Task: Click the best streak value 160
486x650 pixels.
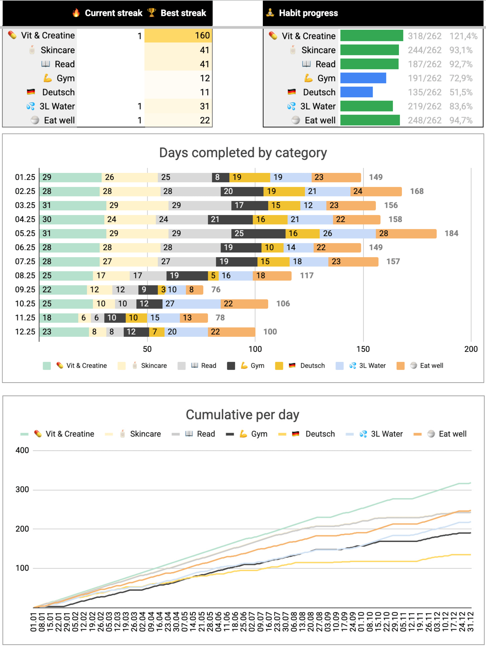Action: point(202,35)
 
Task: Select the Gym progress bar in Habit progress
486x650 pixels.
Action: point(363,78)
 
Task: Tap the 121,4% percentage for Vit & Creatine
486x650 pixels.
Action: point(463,36)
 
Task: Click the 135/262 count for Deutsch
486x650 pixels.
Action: point(424,92)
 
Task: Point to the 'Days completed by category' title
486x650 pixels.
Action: point(243,153)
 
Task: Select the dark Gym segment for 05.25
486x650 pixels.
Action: point(258,233)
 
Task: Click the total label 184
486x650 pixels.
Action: point(451,233)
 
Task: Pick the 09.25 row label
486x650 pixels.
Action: point(25,290)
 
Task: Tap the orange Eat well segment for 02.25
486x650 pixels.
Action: point(376,191)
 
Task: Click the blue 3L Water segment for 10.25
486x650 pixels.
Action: point(192,304)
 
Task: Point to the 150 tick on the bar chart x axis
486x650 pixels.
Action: point(363,349)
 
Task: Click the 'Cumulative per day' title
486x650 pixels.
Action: point(242,415)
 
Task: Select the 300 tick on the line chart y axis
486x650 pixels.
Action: point(22,489)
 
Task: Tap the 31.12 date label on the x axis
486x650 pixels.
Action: point(471,622)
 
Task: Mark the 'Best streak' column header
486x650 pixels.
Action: point(183,13)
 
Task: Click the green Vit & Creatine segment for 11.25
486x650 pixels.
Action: point(59,318)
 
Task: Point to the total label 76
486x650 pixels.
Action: point(216,290)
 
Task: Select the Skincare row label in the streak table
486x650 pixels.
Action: point(57,50)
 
